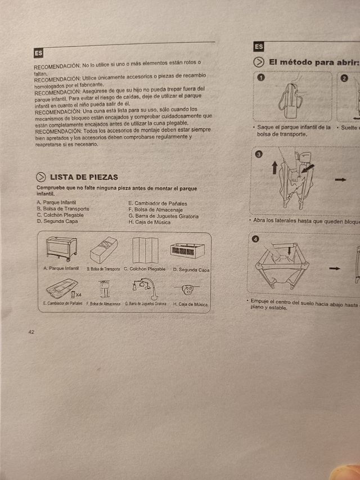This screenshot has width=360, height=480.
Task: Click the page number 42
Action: click(31, 332)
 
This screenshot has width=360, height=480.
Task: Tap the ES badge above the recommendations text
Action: click(38, 53)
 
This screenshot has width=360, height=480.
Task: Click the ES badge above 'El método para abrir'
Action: click(259, 47)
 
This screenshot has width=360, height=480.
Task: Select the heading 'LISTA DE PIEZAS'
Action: click(84, 177)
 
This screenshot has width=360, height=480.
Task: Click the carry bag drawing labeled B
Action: click(103, 249)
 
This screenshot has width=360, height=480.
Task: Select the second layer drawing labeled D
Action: click(187, 250)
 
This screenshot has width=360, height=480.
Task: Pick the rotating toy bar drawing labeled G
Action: click(145, 288)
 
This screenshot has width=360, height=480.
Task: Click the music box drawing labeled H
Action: click(188, 290)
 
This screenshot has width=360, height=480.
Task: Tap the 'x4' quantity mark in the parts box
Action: click(78, 294)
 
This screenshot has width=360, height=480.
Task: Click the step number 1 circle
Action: click(260, 78)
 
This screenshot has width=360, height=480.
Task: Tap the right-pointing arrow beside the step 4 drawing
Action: click(335, 268)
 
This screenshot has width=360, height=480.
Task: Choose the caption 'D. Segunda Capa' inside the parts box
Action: click(191, 270)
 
